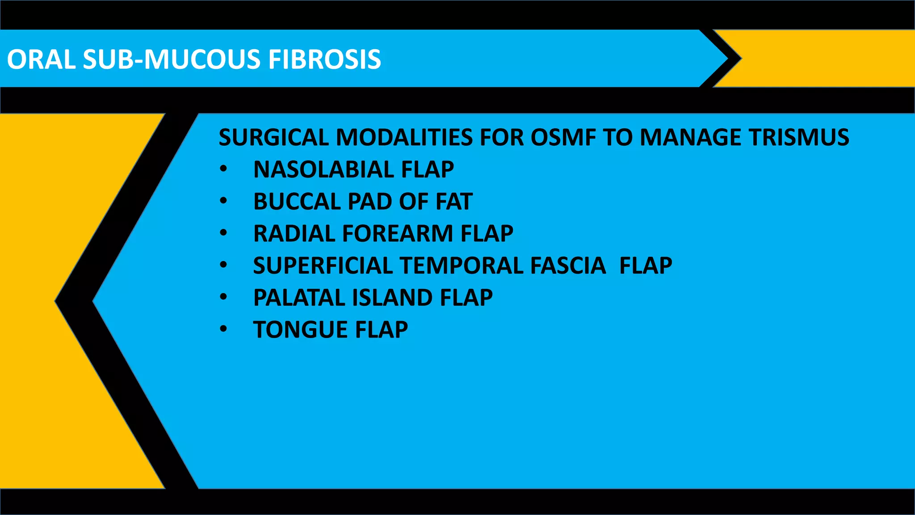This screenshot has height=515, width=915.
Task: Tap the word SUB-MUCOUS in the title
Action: point(172,59)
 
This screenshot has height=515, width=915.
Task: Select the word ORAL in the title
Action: point(42,59)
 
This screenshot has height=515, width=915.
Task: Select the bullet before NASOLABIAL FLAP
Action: point(223,169)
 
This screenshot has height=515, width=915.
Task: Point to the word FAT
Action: point(454,202)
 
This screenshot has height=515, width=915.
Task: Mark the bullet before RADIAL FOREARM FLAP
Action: point(223,233)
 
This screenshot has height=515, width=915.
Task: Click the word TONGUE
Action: point(300,330)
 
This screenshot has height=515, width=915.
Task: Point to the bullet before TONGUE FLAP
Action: point(223,329)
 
